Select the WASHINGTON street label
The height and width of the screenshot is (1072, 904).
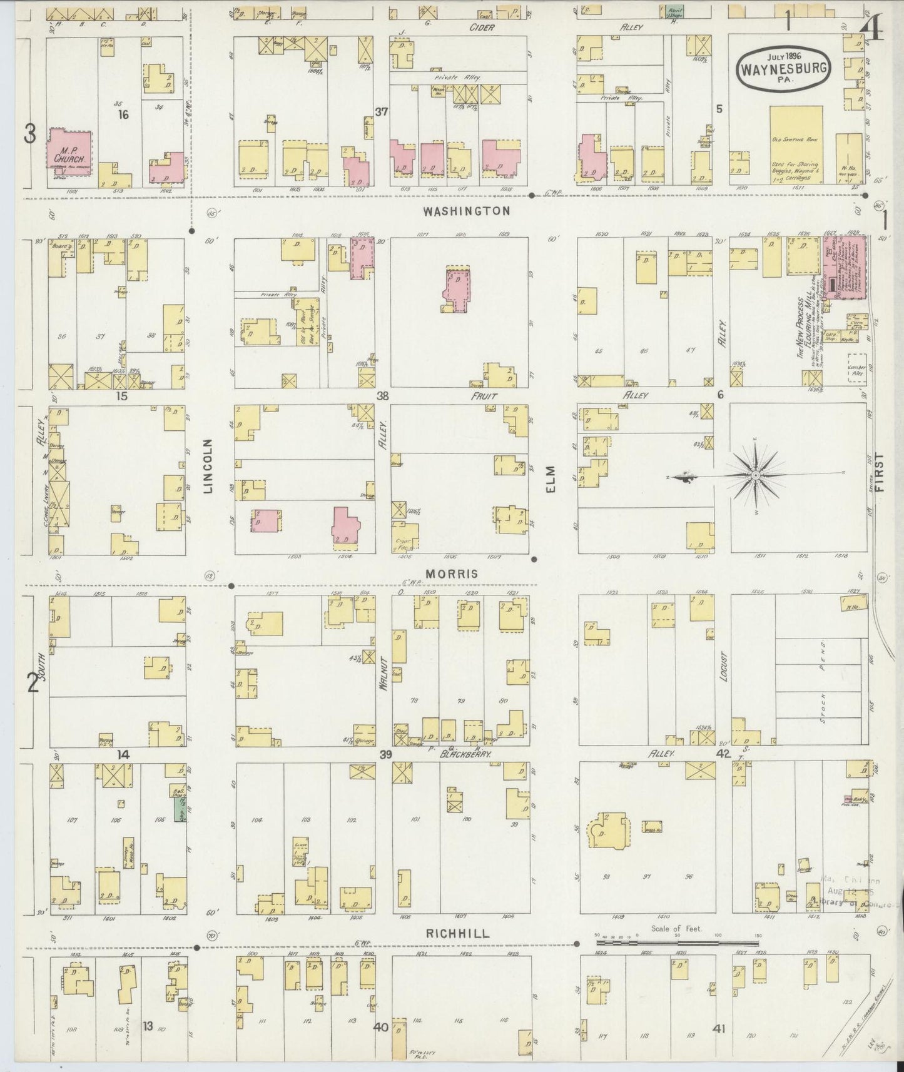pos(466,211)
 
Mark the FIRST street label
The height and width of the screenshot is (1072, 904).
pos(881,473)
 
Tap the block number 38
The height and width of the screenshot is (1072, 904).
pos(382,395)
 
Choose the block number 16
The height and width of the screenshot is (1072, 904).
pos(123,114)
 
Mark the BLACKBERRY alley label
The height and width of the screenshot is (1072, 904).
pos(464,755)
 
